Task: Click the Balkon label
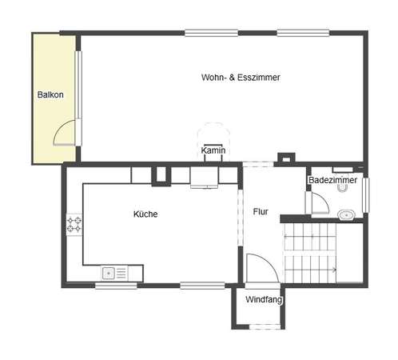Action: pyautogui.click(x=50, y=94)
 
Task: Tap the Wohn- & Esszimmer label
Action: pyautogui.click(x=241, y=78)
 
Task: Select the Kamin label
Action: pyautogui.click(x=213, y=150)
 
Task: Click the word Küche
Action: pyautogui.click(x=145, y=214)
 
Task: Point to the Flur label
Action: pyautogui.click(x=261, y=212)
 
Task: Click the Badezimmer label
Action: pyautogui.click(x=332, y=180)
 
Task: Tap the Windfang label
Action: pyautogui.click(x=264, y=299)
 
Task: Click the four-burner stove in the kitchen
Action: pyautogui.click(x=74, y=225)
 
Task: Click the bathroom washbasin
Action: pyautogui.click(x=346, y=214)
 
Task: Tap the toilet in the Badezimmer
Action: pyautogui.click(x=342, y=188)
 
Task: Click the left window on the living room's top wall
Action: pyautogui.click(x=211, y=33)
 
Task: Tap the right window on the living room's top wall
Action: pyautogui.click(x=303, y=33)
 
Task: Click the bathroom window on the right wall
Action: pyautogui.click(x=366, y=195)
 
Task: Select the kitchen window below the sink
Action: pyautogui.click(x=116, y=286)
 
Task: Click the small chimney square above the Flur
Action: pyautogui.click(x=286, y=158)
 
